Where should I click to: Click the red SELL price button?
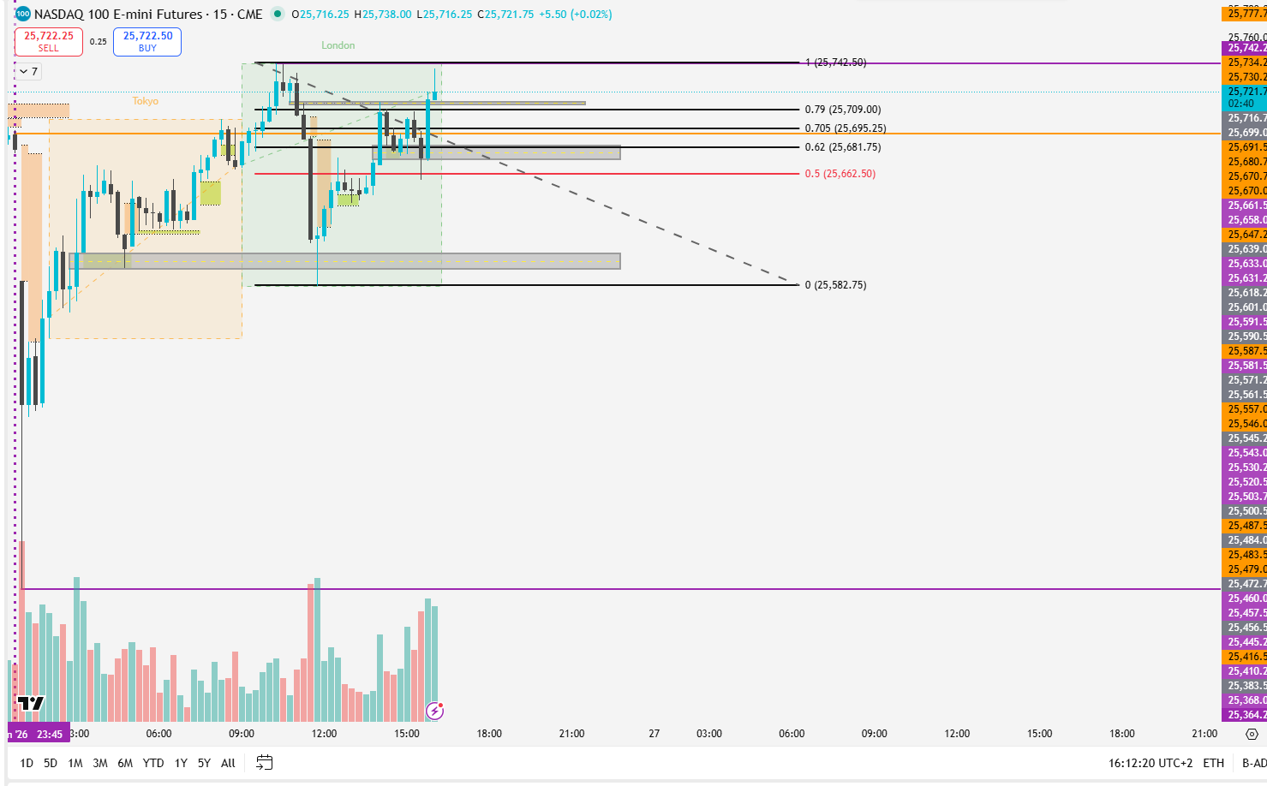(49, 41)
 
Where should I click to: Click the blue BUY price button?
(147, 41)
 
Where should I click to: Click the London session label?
(338, 45)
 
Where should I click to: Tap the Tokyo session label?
(146, 101)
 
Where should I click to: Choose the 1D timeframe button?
(27, 763)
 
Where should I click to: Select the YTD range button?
(153, 763)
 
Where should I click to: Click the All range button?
(228, 763)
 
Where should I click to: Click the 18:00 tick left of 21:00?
(489, 734)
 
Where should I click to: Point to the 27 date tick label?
(654, 734)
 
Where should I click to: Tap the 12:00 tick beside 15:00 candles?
(324, 734)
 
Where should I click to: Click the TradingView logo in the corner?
(31, 704)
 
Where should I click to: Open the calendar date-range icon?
(265, 763)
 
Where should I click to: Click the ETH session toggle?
(1213, 763)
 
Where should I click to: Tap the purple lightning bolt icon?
(435, 711)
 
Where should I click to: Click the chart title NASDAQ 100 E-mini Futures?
(118, 14)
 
